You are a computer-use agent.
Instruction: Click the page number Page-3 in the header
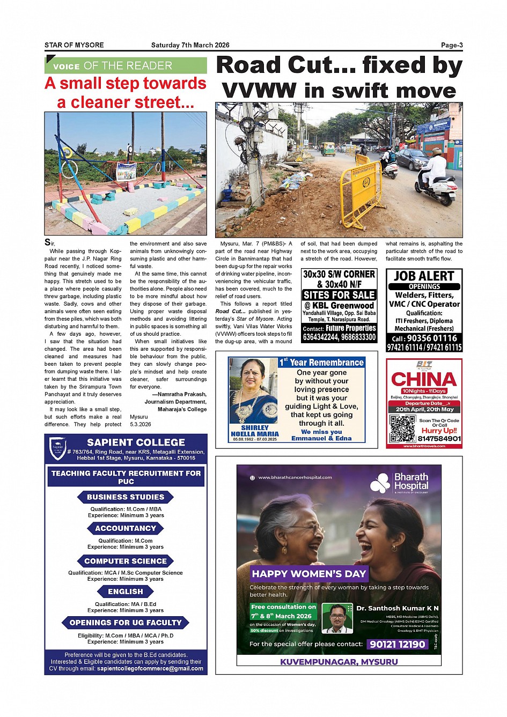click(452, 45)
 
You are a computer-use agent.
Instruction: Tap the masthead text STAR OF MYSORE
click(74, 45)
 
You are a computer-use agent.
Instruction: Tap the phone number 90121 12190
click(398, 644)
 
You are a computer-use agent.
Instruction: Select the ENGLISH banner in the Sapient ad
click(126, 592)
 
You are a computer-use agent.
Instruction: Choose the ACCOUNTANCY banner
click(126, 528)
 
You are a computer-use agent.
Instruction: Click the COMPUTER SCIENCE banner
click(126, 561)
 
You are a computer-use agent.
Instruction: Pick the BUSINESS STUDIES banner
click(126, 497)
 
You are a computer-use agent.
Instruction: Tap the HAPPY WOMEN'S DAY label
click(308, 574)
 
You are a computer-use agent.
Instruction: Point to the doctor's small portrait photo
click(337, 618)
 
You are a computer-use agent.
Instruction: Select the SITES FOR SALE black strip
click(339, 295)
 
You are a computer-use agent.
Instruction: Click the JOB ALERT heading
click(424, 276)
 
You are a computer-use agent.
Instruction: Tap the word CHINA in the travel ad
click(424, 379)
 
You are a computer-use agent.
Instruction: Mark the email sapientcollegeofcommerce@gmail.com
click(150, 668)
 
